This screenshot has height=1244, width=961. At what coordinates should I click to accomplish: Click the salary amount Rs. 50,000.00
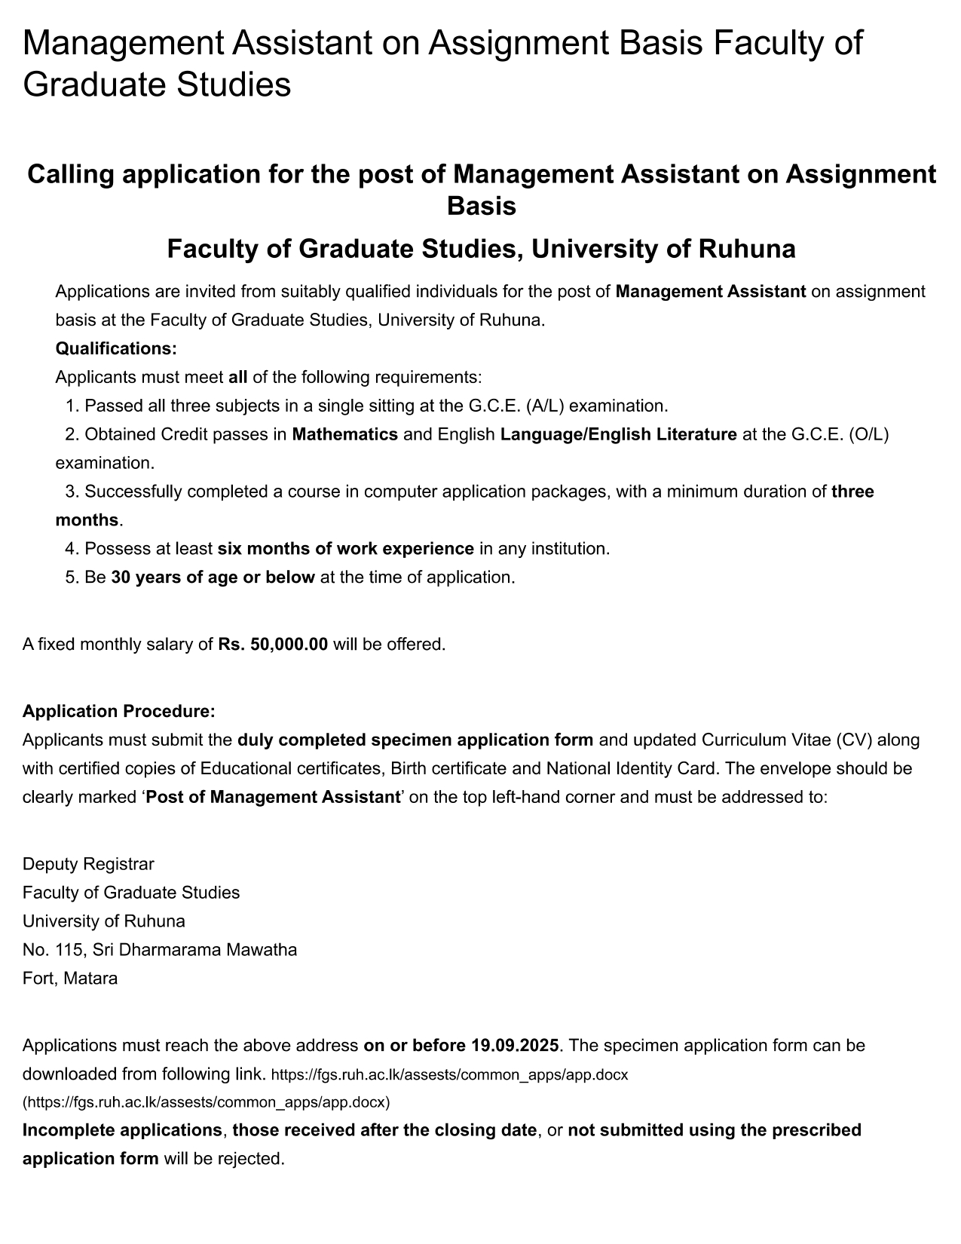[273, 645]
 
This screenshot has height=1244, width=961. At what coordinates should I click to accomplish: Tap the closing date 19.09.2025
[516, 1046]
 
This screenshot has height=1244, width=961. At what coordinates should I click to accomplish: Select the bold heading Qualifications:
[116, 349]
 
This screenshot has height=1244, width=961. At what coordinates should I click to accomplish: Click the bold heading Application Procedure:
[119, 711]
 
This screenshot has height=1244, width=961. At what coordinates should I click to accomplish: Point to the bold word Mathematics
[344, 434]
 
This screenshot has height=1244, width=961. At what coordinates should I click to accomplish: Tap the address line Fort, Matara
[70, 979]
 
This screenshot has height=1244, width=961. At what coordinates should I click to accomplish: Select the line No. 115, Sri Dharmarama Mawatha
[160, 949]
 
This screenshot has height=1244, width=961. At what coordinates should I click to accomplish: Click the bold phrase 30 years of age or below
[213, 578]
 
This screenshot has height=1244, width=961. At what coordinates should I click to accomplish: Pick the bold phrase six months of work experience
[345, 549]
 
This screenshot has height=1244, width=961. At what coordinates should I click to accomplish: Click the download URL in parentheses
[206, 1102]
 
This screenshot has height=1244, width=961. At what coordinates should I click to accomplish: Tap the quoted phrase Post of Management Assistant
[272, 797]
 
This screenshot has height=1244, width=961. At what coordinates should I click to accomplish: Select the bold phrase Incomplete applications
[122, 1130]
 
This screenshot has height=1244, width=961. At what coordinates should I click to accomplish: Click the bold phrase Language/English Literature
[618, 434]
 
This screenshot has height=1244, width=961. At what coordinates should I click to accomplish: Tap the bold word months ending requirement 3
[87, 520]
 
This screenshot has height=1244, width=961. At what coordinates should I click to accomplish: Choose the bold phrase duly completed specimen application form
[415, 740]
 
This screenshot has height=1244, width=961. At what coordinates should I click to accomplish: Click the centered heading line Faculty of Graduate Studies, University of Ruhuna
[481, 249]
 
